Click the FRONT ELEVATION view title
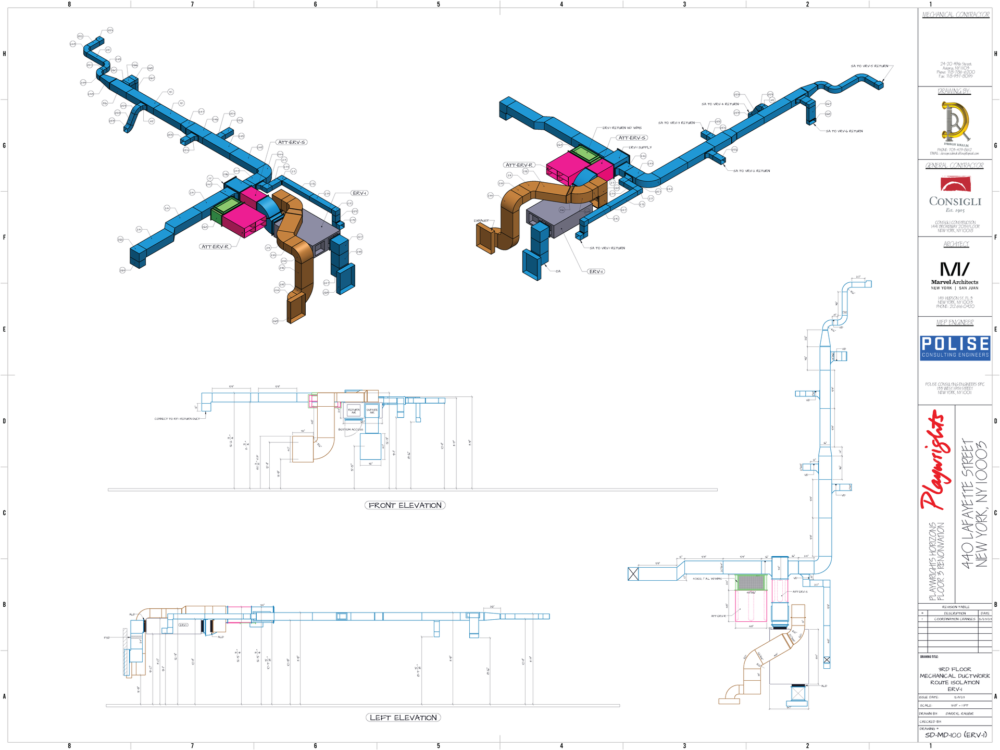(x=405, y=505)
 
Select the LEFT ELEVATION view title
(x=403, y=718)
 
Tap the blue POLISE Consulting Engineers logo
(x=955, y=348)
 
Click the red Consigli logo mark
(x=955, y=184)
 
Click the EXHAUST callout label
(x=481, y=221)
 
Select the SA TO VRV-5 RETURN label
(x=869, y=66)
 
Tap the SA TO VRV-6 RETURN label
(x=844, y=131)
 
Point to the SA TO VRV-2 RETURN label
(x=752, y=171)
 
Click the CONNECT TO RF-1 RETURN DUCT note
(x=177, y=419)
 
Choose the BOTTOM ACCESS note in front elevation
(x=351, y=430)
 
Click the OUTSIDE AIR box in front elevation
(x=372, y=411)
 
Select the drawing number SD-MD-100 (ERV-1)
(x=956, y=735)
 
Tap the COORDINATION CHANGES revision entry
(x=954, y=619)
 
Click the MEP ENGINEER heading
(x=955, y=322)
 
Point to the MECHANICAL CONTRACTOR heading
(x=956, y=15)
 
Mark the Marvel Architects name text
(x=955, y=282)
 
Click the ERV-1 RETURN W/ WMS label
(x=622, y=128)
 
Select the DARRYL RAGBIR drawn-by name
(x=959, y=714)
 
